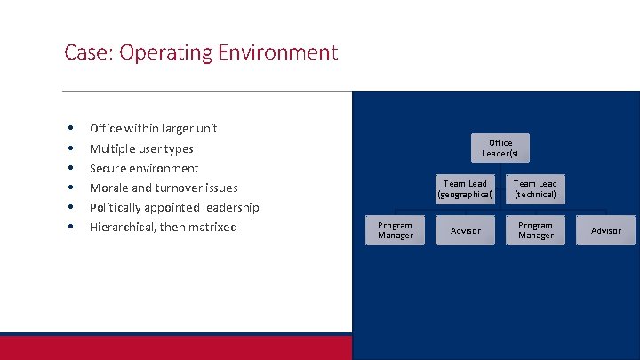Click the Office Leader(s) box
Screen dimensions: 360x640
pyautogui.click(x=500, y=148)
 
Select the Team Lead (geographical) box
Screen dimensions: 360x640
pyautogui.click(x=465, y=188)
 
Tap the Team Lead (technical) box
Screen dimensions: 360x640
pyautogui.click(x=535, y=188)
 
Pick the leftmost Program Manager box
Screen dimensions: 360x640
pyautogui.click(x=395, y=230)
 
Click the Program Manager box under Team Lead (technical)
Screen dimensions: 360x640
pyautogui.click(x=535, y=230)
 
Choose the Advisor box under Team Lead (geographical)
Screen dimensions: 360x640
pyautogui.click(x=465, y=230)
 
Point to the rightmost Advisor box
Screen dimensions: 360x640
pyautogui.click(x=605, y=230)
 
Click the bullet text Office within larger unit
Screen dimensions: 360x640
pyautogui.click(x=153, y=128)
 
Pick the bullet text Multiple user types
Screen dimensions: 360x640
pyautogui.click(x=140, y=148)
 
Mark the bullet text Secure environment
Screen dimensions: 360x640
pyautogui.click(x=144, y=168)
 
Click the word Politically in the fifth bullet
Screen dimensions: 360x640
pyautogui.click(x=120, y=207)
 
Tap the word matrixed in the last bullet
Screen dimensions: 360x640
pyautogui.click(x=212, y=227)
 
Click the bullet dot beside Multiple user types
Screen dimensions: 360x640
pyautogui.click(x=68, y=148)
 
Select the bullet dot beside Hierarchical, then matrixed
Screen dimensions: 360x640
pyautogui.click(x=68, y=227)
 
